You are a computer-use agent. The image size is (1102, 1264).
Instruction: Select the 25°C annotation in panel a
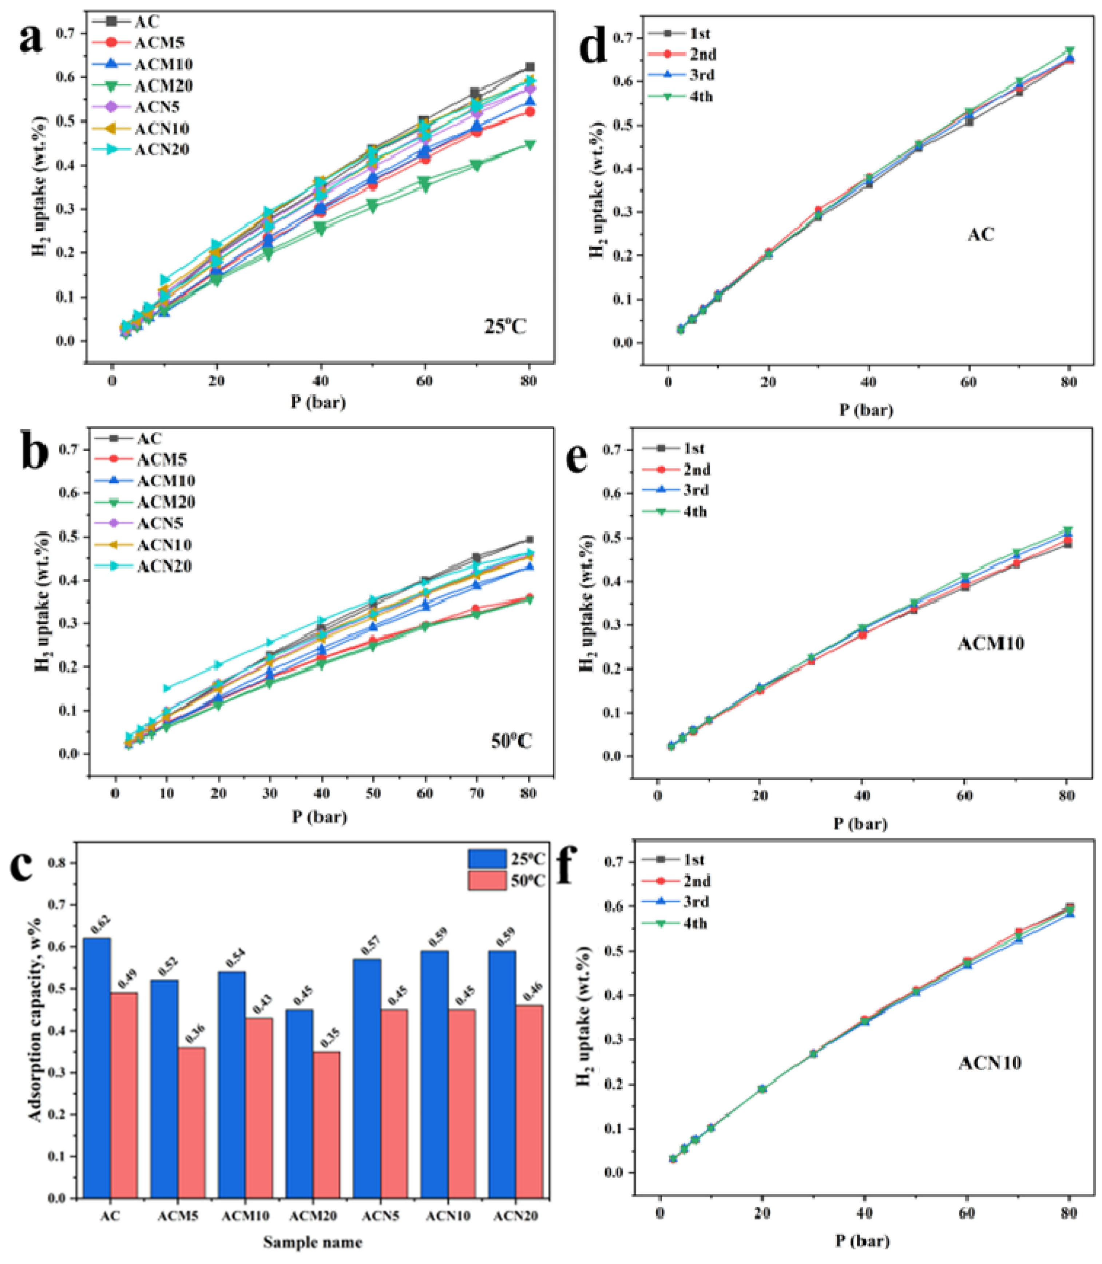coord(505,325)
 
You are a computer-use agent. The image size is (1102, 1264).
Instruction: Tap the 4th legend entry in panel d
coord(701,96)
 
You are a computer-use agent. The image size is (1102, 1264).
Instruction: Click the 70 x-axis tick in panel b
coord(476,794)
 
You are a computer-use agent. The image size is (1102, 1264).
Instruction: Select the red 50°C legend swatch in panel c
coord(487,880)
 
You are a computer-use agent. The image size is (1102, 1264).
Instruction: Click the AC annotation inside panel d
coord(981,234)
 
